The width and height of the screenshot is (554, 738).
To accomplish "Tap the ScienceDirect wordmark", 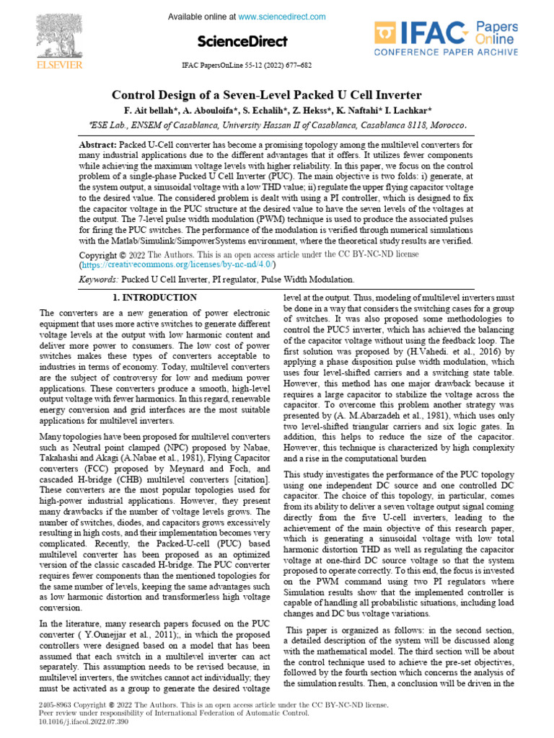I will click(245, 41).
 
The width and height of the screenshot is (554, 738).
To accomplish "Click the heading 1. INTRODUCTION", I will click(155, 298).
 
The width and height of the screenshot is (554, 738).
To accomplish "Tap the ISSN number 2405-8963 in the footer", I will click(55, 703).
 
